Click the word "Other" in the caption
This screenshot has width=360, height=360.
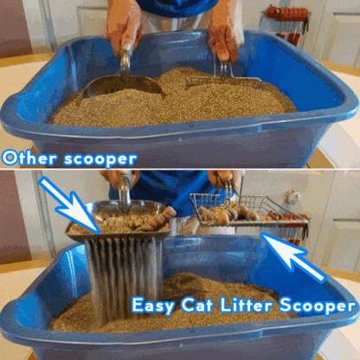coord(29,158)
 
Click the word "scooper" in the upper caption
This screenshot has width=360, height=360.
coord(100,159)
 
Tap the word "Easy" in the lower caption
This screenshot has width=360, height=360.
coord(152,305)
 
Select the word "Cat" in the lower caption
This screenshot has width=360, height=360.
coord(197,305)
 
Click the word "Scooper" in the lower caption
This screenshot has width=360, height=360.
coord(317,306)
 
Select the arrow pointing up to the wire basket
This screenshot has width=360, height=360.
coord(293,257)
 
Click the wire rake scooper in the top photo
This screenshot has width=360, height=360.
coord(223,75)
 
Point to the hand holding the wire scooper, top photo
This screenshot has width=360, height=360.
coord(226,33)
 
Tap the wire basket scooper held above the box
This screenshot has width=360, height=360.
coord(247,209)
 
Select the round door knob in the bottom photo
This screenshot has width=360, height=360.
coord(292,197)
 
